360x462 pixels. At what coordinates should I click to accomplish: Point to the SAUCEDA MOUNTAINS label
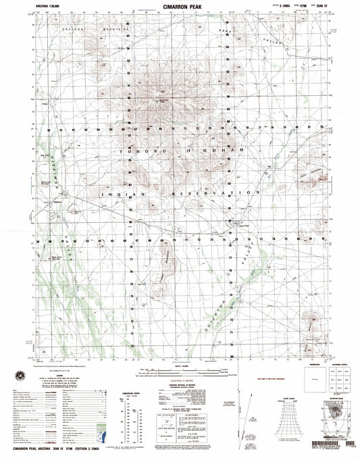[80, 30]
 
